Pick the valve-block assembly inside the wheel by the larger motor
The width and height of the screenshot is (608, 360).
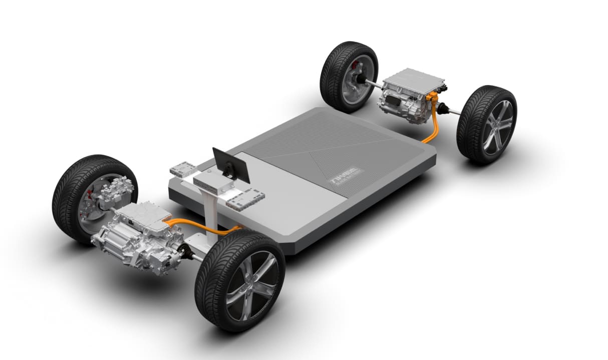click(x=115, y=193)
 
